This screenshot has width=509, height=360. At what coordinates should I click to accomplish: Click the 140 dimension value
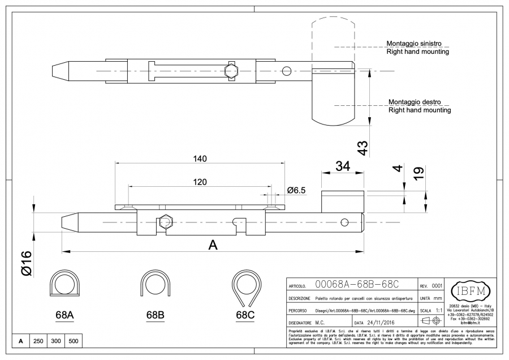tap(200, 159)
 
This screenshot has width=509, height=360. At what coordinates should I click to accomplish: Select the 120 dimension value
tap(199, 182)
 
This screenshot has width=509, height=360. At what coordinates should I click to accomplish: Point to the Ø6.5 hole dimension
tap(296, 190)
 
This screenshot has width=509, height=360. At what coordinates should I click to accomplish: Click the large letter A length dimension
tap(213, 245)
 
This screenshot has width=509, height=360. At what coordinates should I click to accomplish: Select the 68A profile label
tap(64, 315)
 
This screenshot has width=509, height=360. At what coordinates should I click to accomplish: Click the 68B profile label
tap(154, 315)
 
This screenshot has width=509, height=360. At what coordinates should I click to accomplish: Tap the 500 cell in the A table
tap(74, 341)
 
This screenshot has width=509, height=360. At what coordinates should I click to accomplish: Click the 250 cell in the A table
tap(38, 341)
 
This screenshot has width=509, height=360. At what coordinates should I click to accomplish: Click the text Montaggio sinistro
tap(414, 43)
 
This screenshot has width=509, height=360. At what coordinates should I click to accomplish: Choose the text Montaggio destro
tap(416, 102)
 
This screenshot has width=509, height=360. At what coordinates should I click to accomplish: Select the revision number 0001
tap(437, 286)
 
